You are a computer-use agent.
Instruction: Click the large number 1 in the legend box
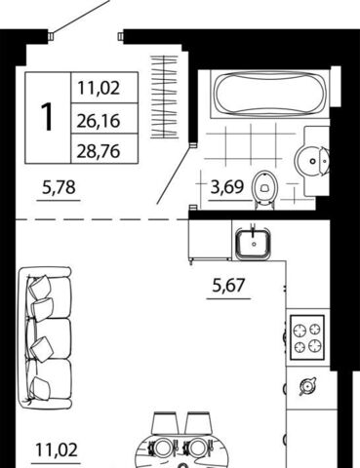[x=47, y=117]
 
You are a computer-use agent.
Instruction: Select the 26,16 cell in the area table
[x=99, y=121]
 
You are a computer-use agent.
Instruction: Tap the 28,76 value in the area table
[x=99, y=151]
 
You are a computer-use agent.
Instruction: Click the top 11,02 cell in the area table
[x=99, y=88]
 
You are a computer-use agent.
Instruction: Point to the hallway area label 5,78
[x=59, y=187]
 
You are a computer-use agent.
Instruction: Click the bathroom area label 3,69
[x=227, y=187]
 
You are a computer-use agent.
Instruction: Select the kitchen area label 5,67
[x=228, y=286]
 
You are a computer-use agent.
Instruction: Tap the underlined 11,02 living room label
[x=57, y=449]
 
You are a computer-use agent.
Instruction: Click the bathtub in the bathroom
[x=270, y=94]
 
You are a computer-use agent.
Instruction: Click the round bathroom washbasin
[x=313, y=161]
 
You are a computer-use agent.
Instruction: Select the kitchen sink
[x=254, y=243]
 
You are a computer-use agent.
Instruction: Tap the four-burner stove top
[x=307, y=337]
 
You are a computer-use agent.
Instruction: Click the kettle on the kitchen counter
[x=307, y=386]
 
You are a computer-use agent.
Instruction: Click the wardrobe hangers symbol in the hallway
[x=164, y=97]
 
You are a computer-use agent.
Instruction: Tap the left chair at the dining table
[x=165, y=422]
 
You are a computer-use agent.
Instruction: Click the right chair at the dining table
[x=198, y=422]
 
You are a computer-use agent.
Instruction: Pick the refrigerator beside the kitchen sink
[x=210, y=240]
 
